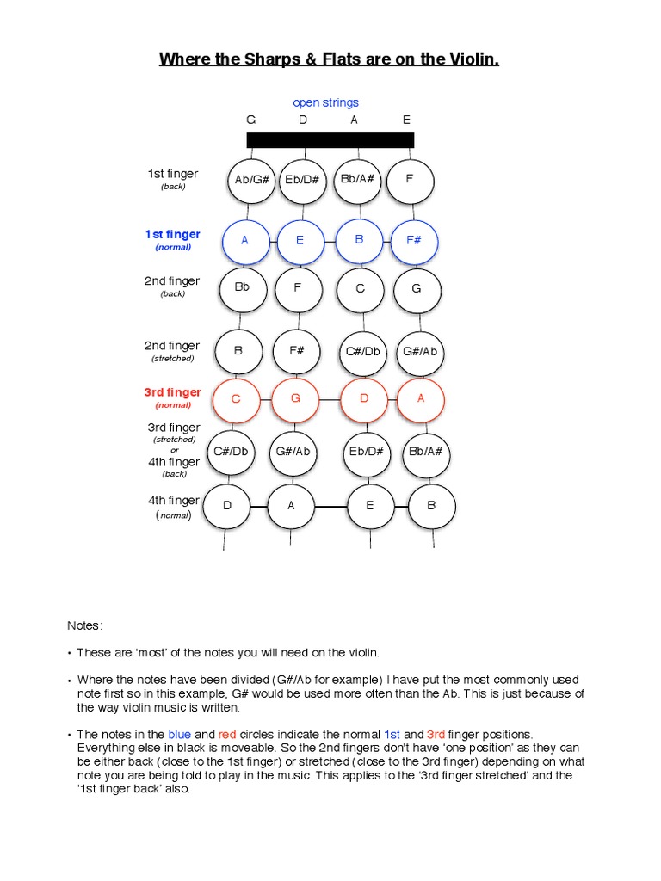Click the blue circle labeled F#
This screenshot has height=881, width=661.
coord(414,241)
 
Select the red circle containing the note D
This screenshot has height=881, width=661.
coord(364,399)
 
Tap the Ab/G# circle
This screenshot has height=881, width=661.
coord(253,180)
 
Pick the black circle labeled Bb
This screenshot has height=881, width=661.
coord(242,288)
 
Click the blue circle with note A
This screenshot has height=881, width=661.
coord(245,241)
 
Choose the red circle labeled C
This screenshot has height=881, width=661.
coord(236,400)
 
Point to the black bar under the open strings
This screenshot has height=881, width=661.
coord(330,140)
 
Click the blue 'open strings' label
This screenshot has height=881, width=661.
coord(325,102)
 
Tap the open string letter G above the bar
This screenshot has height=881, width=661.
coord(251,120)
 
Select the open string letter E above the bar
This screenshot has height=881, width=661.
coord(407,120)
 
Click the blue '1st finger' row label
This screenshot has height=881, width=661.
coord(173,235)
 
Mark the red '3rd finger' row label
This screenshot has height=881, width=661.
coord(172,393)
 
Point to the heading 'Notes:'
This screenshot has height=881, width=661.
coord(85,624)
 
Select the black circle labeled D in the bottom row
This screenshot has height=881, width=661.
coord(228,506)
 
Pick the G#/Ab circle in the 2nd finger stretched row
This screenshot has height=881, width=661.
coord(420,351)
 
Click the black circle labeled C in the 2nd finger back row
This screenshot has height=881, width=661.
coord(361,289)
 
